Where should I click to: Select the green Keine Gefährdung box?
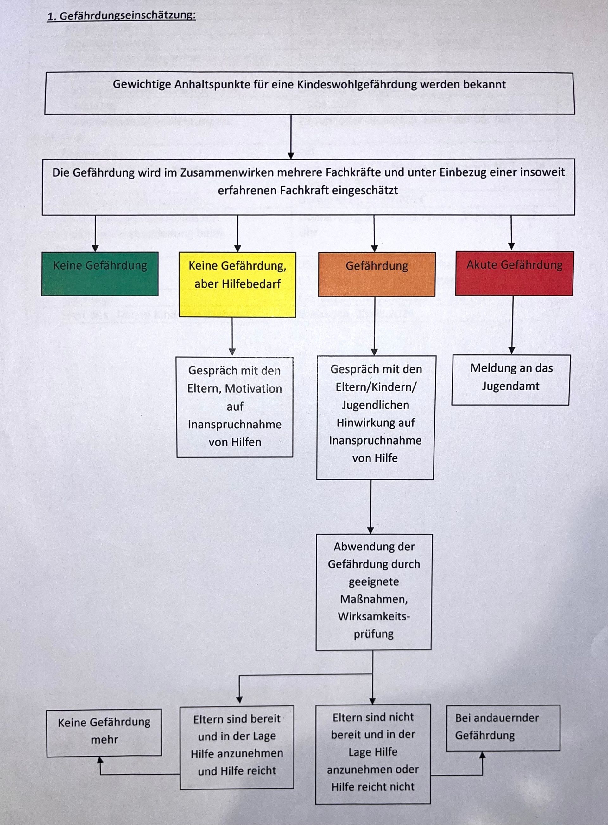[x=100, y=274]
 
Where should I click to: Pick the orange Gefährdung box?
[x=377, y=274]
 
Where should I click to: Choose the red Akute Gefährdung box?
[x=514, y=273]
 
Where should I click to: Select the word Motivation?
[x=253, y=388]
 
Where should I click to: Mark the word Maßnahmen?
[x=374, y=599]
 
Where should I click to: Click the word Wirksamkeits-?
[x=374, y=616]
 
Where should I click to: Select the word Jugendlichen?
[x=375, y=405]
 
